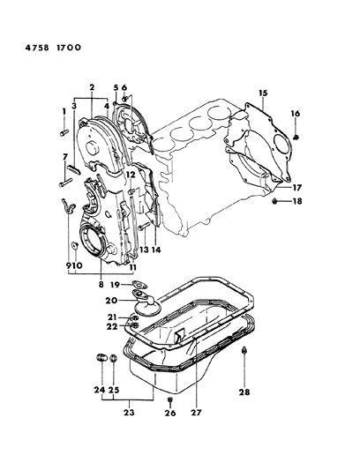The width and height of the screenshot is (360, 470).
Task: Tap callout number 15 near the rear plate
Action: tap(262, 93)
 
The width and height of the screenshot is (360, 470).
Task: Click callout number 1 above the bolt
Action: tap(64, 111)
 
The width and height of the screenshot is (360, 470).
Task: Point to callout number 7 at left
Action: tap(65, 157)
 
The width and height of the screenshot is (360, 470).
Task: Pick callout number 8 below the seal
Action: tap(102, 286)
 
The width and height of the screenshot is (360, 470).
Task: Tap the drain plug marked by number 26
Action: tap(169, 399)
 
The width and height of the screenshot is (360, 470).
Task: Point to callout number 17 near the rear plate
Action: tap(296, 187)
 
